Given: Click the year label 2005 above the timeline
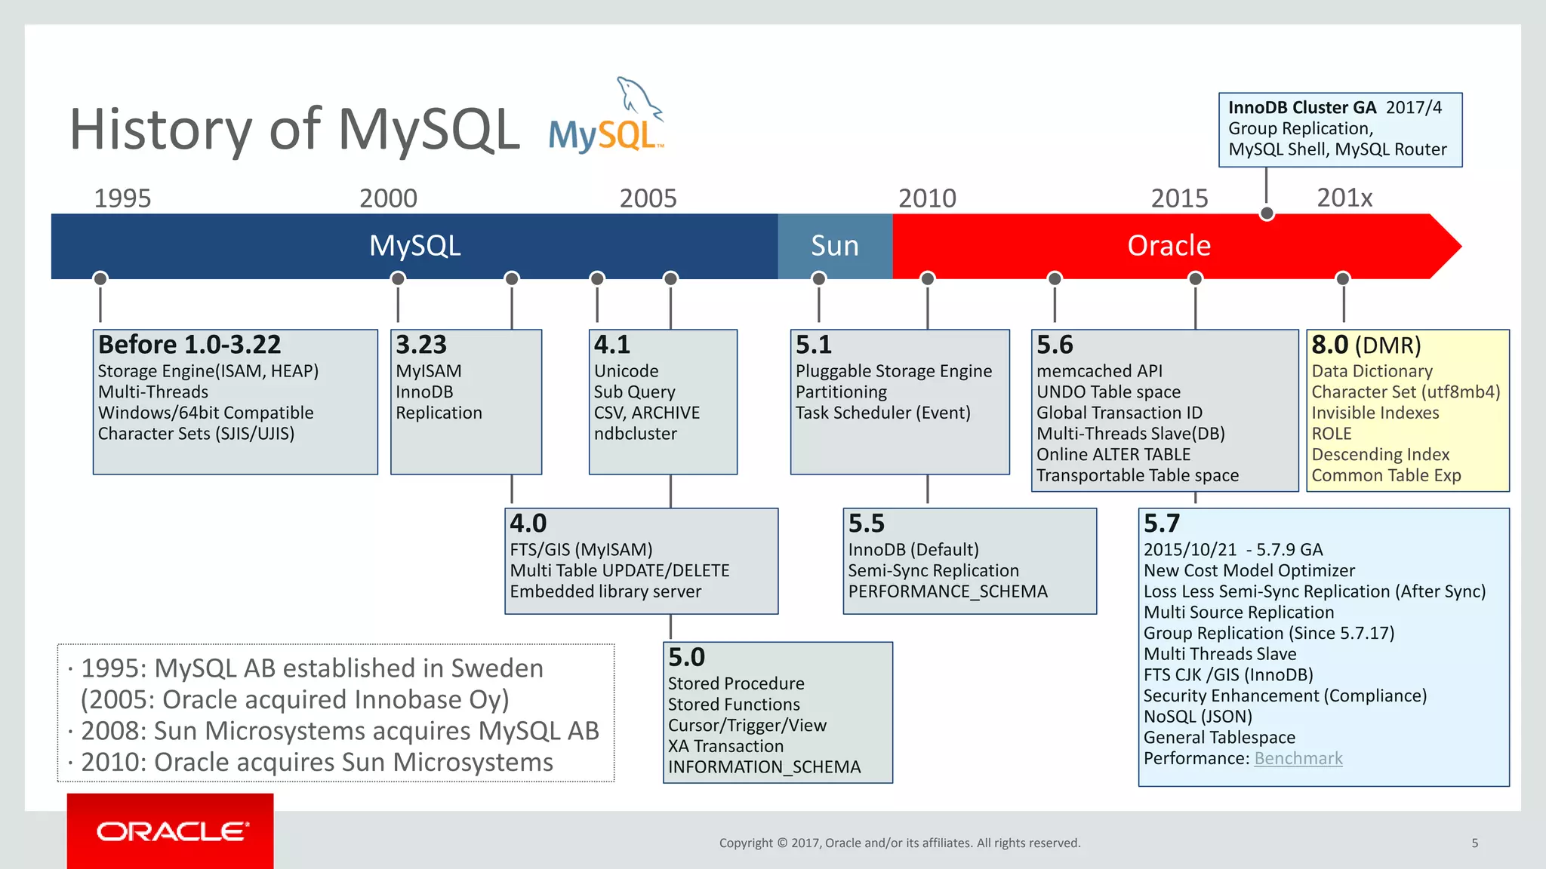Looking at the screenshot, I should [648, 198].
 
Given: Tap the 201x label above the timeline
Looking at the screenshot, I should [1344, 198].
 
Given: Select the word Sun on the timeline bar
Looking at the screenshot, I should [834, 246].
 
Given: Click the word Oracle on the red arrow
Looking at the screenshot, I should [1168, 246].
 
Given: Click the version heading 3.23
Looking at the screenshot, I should [421, 345].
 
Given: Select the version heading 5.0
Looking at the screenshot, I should [686, 657].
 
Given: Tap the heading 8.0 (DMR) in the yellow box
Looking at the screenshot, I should [1366, 345].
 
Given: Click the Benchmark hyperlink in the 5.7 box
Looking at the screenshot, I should [1298, 758].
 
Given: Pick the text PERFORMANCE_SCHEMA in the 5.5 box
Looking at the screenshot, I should [947, 591].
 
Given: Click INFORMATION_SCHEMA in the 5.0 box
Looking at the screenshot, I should [764, 767].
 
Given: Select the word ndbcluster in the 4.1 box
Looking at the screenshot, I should [635, 434].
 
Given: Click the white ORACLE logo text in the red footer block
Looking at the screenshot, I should [172, 831].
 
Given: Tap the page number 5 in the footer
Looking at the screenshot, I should [1474, 843].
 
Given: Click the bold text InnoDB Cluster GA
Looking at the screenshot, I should [1301, 108].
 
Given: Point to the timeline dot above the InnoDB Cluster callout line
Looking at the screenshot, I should [1267, 214].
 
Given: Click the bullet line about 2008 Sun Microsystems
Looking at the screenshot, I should [339, 731].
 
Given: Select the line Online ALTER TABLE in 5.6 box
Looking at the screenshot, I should [1113, 455].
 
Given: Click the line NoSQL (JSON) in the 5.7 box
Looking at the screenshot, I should [1197, 717].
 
